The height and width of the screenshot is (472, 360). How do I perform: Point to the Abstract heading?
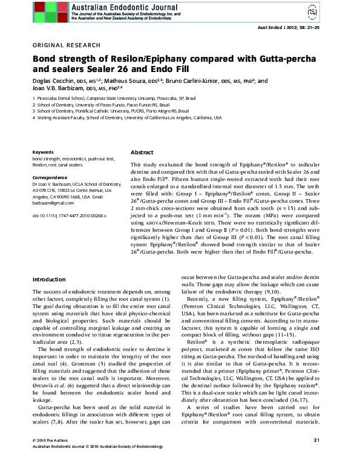142,152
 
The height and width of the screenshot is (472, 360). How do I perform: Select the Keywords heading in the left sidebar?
43,152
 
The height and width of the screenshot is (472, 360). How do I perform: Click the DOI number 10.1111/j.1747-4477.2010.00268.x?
61,215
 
